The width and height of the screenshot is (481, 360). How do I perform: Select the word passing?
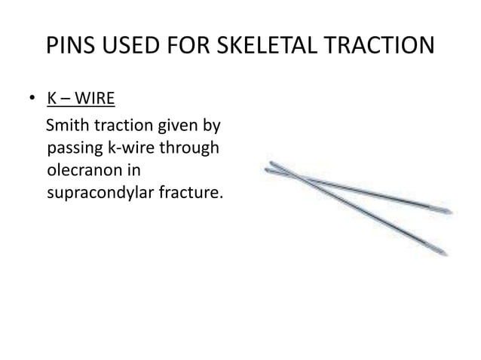[73, 148]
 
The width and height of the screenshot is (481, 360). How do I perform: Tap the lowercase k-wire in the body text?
[136, 147]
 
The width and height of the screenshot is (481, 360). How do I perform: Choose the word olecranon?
[80, 171]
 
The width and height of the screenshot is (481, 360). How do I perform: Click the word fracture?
[190, 194]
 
